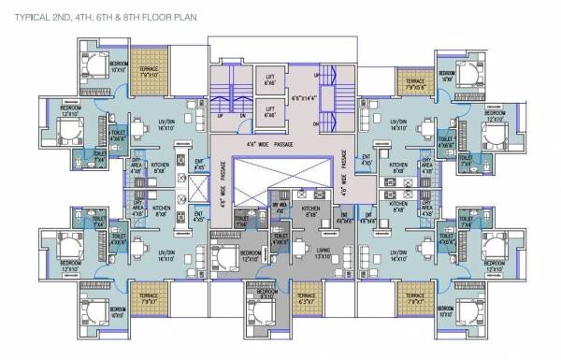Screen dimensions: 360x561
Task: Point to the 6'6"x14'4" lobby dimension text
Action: [305, 97]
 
